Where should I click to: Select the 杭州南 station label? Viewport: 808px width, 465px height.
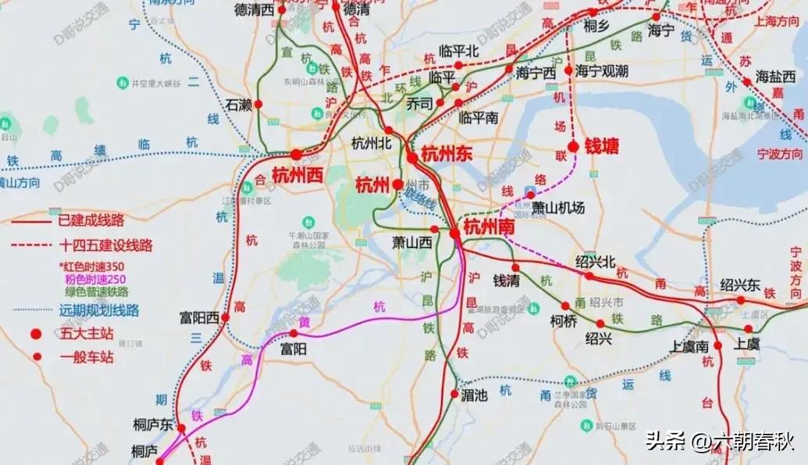pos(489,227)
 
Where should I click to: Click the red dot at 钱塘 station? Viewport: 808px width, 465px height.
pos(573,146)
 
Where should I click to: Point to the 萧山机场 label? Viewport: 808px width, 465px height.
pos(557,207)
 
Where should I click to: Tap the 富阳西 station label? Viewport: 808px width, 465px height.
pos(199,317)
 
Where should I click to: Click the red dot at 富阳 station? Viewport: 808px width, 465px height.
pos(294,334)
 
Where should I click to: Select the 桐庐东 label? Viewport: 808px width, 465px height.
pos(152,424)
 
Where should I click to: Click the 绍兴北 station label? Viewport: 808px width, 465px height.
pos(596,262)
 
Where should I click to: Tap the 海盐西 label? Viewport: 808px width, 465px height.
pos(774,77)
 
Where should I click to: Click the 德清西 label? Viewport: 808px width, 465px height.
pos(255,9)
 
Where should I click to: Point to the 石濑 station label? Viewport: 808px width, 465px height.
pos(239,104)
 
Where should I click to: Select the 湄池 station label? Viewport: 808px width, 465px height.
pos(474,395)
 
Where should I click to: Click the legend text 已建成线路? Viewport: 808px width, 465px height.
pos(91,220)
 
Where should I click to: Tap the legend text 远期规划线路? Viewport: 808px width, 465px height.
pos(99,309)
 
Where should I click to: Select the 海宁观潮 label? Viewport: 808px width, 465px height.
pos(602,71)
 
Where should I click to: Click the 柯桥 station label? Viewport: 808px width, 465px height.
pos(563,320)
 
